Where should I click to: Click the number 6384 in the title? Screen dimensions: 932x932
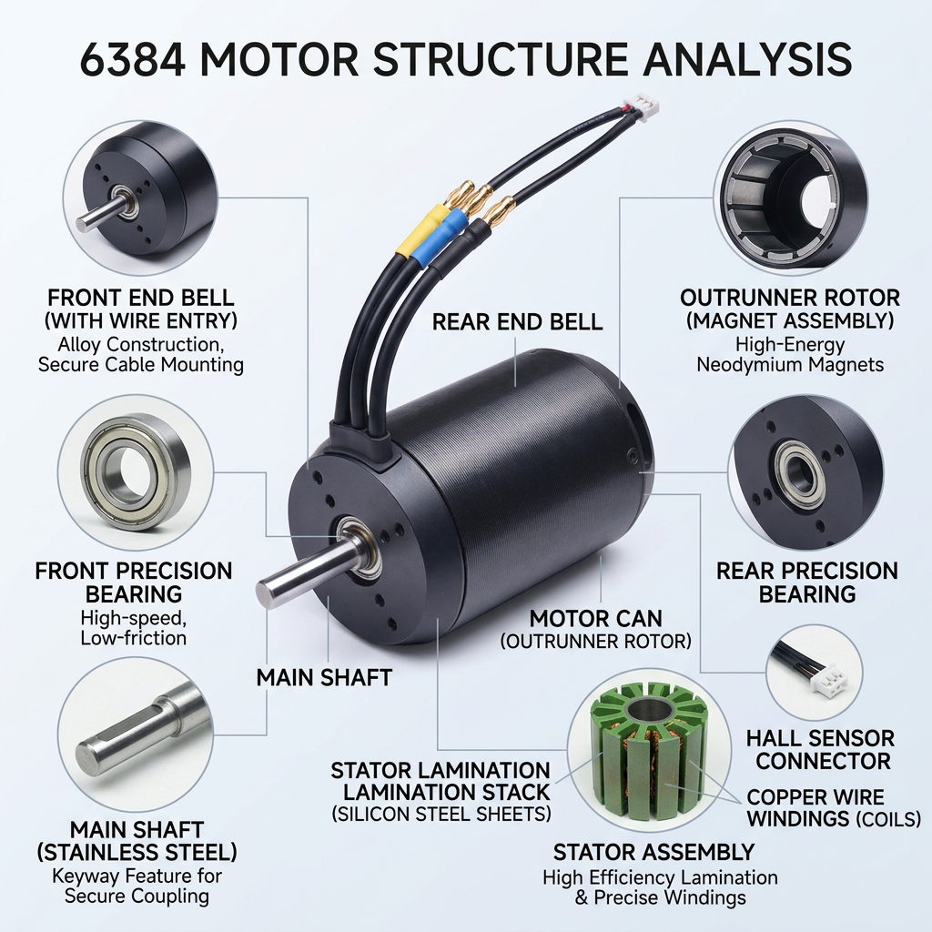pyautogui.click(x=132, y=59)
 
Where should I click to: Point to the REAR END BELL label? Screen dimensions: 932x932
pyautogui.click(x=517, y=321)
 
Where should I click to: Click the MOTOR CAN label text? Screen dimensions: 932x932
pyautogui.click(x=595, y=618)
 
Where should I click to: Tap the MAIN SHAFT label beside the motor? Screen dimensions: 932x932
pyautogui.click(x=324, y=677)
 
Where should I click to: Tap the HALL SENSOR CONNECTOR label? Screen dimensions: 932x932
pyautogui.click(x=821, y=749)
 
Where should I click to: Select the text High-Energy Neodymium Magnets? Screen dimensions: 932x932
pyautogui.click(x=790, y=354)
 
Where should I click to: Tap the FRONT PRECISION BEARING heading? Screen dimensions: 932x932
pyautogui.click(x=134, y=582)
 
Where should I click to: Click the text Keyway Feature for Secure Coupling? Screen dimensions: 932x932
pyautogui.click(x=137, y=886)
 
